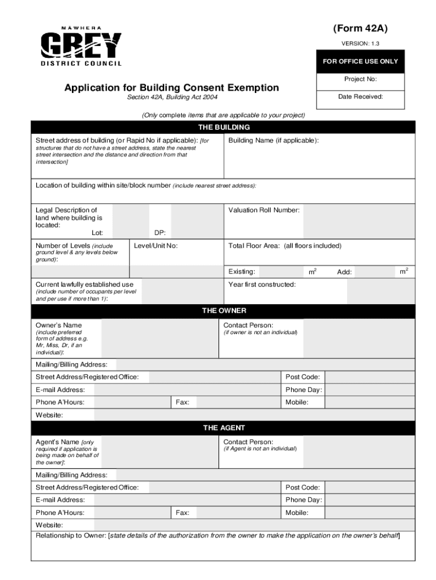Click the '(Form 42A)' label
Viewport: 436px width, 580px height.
pyautogui.click(x=361, y=29)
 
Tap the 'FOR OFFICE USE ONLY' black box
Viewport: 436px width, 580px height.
pyautogui.click(x=361, y=61)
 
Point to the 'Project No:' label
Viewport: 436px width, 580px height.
pyautogui.click(x=361, y=79)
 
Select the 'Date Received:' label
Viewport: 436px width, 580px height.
pyautogui.click(x=361, y=96)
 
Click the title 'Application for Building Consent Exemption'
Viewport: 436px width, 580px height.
pyautogui.click(x=172, y=88)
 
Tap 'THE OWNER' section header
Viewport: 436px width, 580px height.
pyautogui.click(x=224, y=311)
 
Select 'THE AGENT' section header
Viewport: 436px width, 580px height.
pyautogui.click(x=224, y=428)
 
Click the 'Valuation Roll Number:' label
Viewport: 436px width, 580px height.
pyautogui.click(x=264, y=210)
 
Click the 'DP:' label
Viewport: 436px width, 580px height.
pyautogui.click(x=160, y=233)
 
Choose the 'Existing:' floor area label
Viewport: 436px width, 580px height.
pyautogui.click(x=241, y=272)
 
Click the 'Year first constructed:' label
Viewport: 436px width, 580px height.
pyautogui.click(x=262, y=284)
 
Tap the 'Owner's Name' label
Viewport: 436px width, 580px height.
pyautogui.click(x=59, y=325)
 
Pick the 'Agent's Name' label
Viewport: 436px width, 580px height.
pyautogui.click(x=57, y=442)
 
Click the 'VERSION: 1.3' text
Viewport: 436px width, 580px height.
pyautogui.click(x=361, y=44)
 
